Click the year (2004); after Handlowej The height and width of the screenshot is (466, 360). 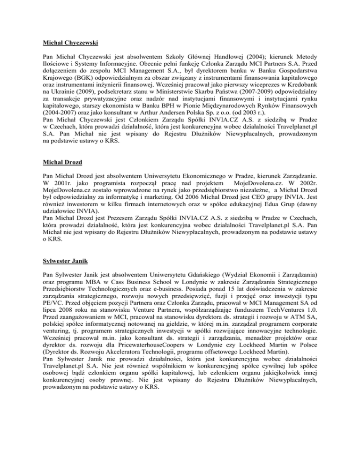coord(229,61)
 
